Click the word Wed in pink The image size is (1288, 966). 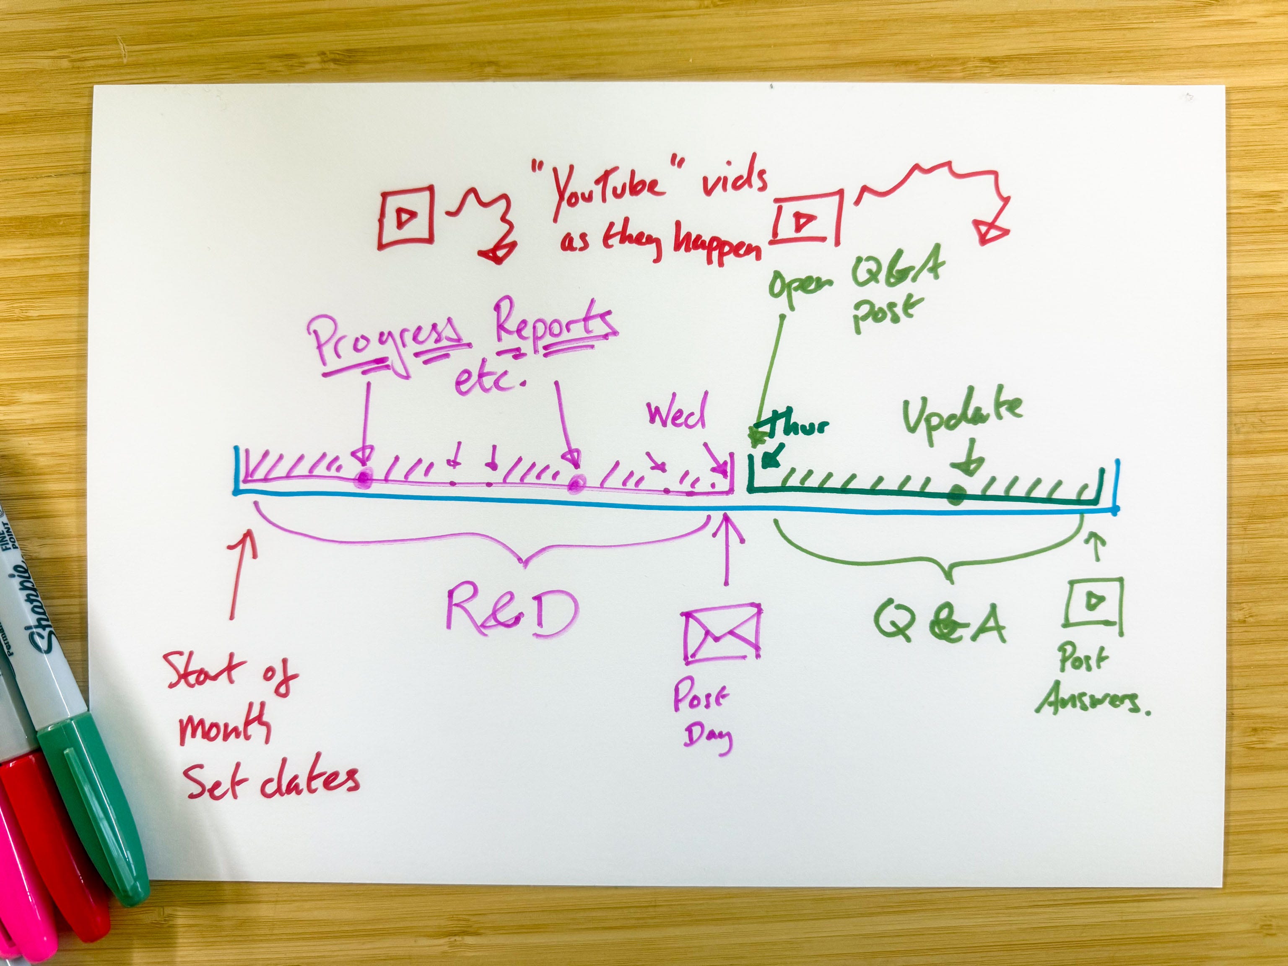point(677,412)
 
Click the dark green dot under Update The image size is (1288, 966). point(956,496)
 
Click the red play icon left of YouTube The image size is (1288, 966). point(406,218)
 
